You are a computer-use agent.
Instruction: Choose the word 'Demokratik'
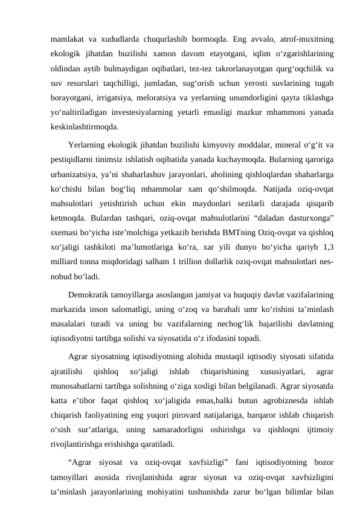click(94, 296)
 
